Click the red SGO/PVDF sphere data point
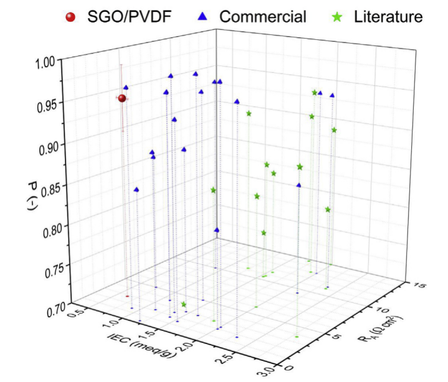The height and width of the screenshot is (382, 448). click(x=122, y=98)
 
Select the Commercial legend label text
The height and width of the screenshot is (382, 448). click(x=262, y=17)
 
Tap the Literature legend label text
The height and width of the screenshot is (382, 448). click(x=385, y=17)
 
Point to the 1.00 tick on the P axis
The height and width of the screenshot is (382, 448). click(x=45, y=62)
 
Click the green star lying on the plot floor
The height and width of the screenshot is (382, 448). click(x=184, y=304)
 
